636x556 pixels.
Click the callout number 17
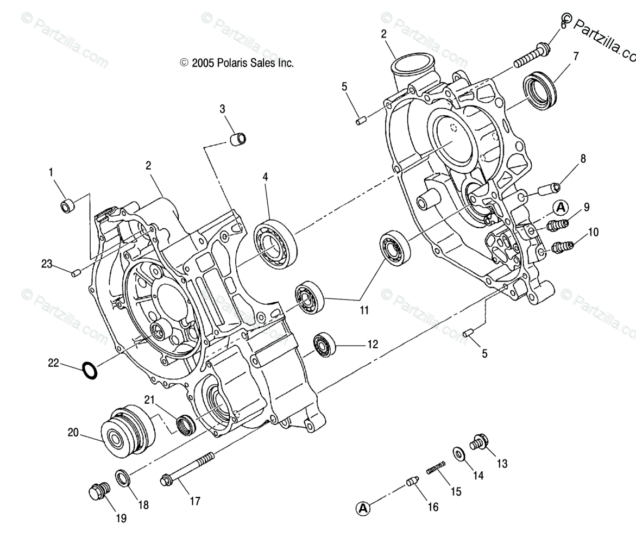[194, 501]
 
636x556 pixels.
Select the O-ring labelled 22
[90, 370]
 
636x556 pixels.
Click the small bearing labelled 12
[326, 343]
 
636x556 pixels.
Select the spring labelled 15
[436, 467]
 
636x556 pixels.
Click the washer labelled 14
[458, 453]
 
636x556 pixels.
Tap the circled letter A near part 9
[561, 207]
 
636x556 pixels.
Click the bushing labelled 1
[67, 207]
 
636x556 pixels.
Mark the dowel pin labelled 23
[76, 272]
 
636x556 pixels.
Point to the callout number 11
[364, 310]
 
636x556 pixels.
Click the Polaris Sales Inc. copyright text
[237, 63]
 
